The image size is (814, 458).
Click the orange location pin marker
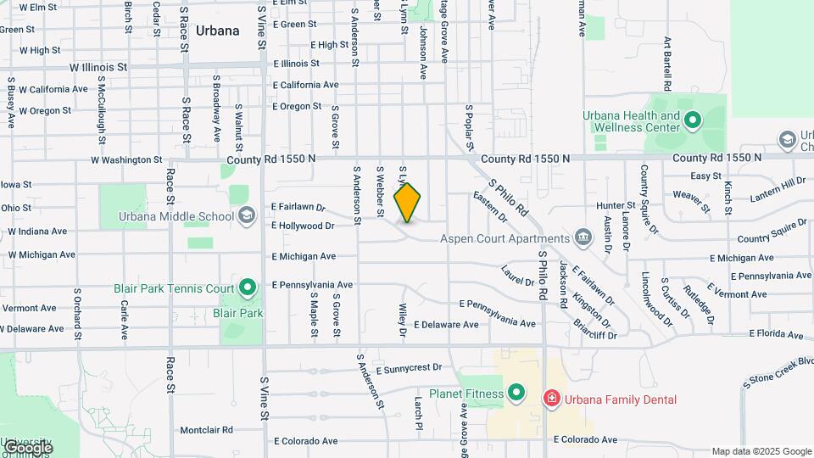click(x=408, y=202)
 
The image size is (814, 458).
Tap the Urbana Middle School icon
click(x=246, y=215)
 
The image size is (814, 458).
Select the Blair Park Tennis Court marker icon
click(x=248, y=288)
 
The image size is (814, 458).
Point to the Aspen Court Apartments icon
click(x=583, y=238)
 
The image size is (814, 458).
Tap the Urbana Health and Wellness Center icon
click(x=693, y=120)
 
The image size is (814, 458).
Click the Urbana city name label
click(x=217, y=31)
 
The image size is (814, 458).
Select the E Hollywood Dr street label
click(x=303, y=226)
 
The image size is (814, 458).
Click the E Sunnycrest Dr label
click(x=399, y=368)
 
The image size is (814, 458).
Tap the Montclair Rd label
click(x=200, y=430)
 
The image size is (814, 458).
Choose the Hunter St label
click(x=616, y=205)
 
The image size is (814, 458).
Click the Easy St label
click(x=705, y=176)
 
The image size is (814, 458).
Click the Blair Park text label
click(x=238, y=312)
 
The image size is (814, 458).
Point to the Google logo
click(x=28, y=447)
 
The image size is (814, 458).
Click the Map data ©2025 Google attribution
click(x=761, y=451)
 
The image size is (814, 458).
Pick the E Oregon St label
click(x=297, y=107)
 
